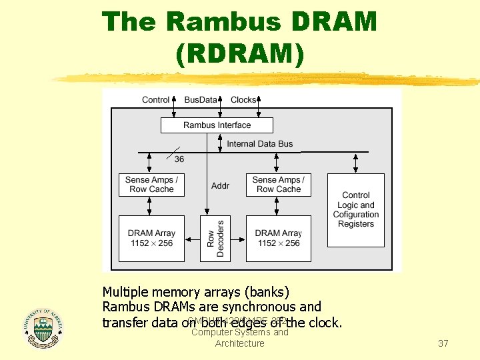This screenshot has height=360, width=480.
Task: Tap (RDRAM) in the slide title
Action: pos(240,54)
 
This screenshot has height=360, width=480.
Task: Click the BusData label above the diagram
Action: pos(201,100)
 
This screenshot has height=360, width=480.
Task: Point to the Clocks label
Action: pos(243,100)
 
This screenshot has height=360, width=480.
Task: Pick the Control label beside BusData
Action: pos(156,100)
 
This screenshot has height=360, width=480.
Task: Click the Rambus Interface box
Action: pos(217,125)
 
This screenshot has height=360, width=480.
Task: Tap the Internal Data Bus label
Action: pos(259,144)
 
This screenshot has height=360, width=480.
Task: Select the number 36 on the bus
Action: pos(179,159)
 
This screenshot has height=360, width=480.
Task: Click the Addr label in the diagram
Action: pos(220,185)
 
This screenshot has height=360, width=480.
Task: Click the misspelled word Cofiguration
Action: pos(356,215)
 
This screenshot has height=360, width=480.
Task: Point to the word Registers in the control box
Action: pos(356,224)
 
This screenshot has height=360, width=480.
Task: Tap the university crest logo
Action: pos(43,327)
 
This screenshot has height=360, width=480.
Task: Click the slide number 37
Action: pos(443,343)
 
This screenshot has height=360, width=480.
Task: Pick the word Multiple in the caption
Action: pos(126,292)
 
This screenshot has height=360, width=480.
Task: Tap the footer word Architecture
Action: pos(239,343)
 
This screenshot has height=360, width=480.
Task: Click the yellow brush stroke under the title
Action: pos(267,79)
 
